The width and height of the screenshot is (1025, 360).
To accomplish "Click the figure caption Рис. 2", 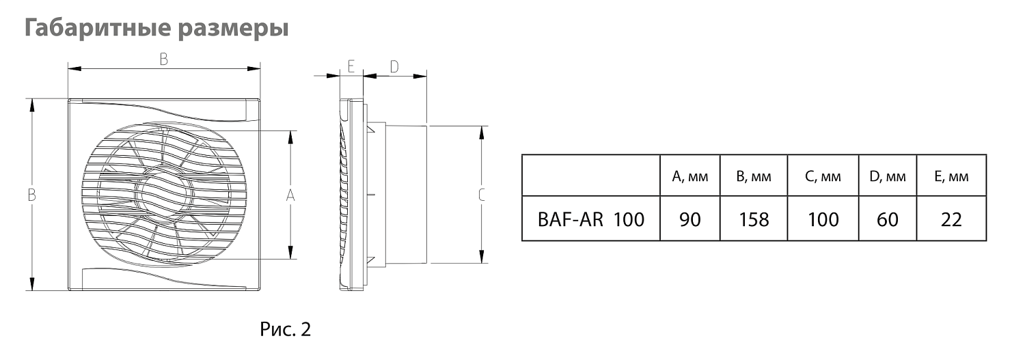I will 285,330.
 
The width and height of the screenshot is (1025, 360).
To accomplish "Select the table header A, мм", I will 690,177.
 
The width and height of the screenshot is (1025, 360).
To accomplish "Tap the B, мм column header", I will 754,177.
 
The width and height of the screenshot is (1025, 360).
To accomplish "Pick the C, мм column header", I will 823,177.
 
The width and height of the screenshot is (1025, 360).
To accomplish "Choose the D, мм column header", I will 887,177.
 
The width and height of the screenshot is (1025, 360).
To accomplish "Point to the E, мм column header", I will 951,177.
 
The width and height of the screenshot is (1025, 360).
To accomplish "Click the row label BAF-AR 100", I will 591,219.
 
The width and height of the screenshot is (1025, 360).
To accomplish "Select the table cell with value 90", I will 690,219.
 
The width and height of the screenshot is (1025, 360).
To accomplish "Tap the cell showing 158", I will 754,219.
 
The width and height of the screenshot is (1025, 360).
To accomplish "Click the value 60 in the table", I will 887,219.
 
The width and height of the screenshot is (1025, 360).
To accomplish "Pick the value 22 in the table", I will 951,219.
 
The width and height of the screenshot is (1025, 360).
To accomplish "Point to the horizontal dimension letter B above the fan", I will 164,59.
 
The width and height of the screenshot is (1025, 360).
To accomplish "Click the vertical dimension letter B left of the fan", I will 31,195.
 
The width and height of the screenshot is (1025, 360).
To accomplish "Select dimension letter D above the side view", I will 394,66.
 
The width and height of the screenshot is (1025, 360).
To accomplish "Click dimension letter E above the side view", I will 351,66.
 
